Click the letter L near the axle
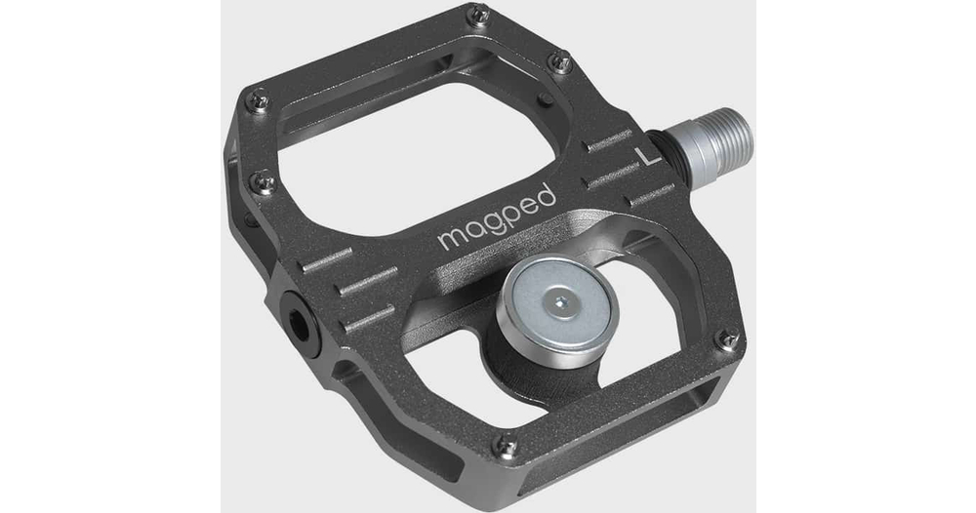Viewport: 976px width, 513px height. (x=650, y=156)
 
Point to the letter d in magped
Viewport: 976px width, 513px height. (x=544, y=196)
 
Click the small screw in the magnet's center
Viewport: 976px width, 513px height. (x=559, y=303)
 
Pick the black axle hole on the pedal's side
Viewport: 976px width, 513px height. (x=299, y=324)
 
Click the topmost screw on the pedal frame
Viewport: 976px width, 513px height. (x=478, y=15)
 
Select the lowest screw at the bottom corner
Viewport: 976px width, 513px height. (x=507, y=447)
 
